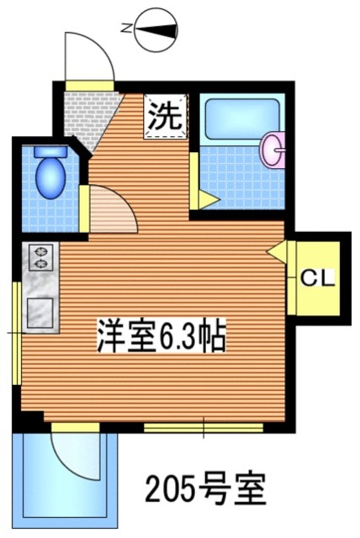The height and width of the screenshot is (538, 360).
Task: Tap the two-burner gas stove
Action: (x=40, y=256)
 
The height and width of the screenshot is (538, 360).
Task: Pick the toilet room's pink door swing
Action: (x=109, y=210)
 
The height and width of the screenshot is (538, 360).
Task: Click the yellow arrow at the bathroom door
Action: (x=205, y=199)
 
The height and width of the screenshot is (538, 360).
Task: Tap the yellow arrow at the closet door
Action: (x=277, y=251)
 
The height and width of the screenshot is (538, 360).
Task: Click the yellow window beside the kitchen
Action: (x=16, y=332)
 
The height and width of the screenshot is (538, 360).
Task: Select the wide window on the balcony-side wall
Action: (x=202, y=428)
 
